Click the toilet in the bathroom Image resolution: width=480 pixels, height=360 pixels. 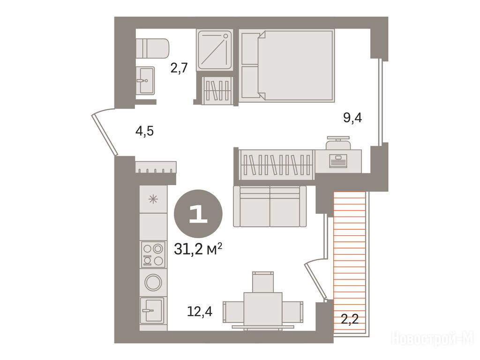152,48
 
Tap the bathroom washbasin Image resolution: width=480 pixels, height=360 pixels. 145,81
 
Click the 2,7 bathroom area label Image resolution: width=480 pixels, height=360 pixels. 179,67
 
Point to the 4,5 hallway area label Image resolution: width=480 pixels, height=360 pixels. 144,131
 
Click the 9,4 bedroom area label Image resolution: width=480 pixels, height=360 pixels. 352,117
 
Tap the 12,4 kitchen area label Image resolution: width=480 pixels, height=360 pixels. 200,312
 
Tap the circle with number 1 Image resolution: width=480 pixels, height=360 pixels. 198,214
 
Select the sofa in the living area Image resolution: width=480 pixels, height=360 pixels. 270,206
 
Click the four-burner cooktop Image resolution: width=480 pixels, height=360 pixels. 153,255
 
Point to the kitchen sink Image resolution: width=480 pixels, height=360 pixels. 152,310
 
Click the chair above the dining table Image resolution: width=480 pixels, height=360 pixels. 262,282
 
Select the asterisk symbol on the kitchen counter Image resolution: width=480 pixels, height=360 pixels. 153,200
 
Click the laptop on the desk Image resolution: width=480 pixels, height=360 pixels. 338,161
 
